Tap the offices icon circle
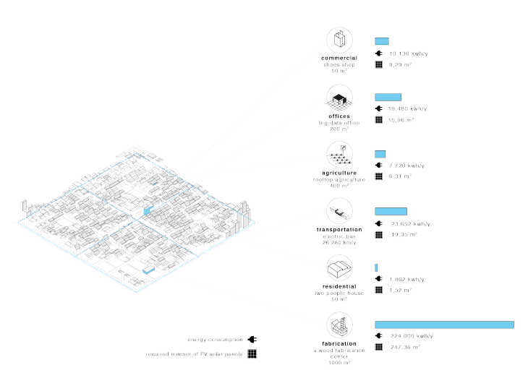(x=338, y=97)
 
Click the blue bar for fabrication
(x=443, y=325)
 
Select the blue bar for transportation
(x=391, y=211)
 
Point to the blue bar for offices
(x=388, y=97)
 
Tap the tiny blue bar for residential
(x=376, y=268)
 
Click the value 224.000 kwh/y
(x=411, y=335)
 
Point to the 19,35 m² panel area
(x=400, y=235)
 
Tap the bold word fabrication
(x=338, y=343)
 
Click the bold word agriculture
(x=338, y=173)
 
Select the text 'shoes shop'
(x=338, y=64)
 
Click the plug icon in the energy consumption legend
(x=252, y=339)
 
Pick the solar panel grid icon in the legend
(x=252, y=354)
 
